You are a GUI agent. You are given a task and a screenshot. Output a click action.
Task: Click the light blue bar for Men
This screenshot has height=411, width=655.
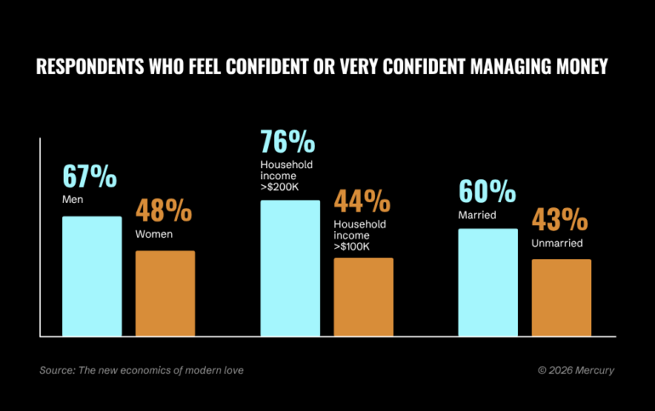(92, 276)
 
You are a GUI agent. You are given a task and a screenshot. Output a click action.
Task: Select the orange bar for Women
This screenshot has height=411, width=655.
(165, 293)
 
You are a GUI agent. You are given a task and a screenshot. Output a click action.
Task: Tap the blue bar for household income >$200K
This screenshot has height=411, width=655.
(290, 268)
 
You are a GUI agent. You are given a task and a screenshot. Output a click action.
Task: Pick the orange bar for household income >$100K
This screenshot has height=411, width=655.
(363, 297)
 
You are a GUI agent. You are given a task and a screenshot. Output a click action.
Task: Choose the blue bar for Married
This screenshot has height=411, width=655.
(487, 283)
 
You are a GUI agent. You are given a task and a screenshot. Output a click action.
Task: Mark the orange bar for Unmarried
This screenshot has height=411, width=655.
(561, 297)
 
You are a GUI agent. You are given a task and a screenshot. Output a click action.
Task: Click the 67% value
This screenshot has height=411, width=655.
(89, 177)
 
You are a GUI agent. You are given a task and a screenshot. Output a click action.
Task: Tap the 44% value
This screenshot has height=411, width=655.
(362, 202)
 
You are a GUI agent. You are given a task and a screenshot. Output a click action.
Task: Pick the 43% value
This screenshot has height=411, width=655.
(560, 221)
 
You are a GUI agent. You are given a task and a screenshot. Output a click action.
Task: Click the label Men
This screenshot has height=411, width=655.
(73, 200)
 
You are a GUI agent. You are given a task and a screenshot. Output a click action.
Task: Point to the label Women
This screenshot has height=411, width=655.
(154, 234)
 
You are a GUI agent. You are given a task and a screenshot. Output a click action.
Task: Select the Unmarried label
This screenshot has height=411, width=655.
(557, 243)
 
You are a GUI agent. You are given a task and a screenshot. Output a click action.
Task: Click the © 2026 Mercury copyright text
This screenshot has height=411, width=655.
(576, 370)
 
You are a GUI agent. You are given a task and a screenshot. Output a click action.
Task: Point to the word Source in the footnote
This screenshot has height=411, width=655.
(55, 370)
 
